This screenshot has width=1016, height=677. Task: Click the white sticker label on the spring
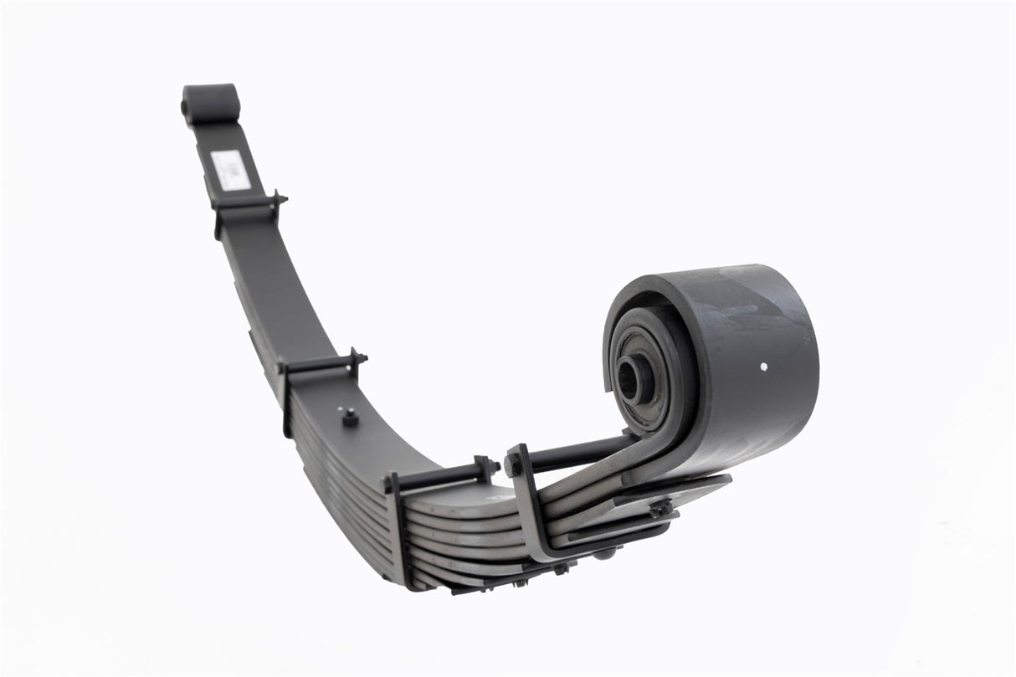pyautogui.click(x=230, y=169)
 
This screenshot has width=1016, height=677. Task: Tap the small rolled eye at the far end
pyautogui.click(x=210, y=104)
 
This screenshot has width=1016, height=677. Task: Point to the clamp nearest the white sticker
pyautogui.click(x=248, y=204)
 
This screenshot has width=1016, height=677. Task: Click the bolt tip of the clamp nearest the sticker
pyautogui.click(x=280, y=198)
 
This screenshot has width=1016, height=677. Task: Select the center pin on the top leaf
pyautogui.click(x=351, y=416)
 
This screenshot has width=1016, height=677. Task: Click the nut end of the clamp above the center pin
pyautogui.click(x=359, y=357)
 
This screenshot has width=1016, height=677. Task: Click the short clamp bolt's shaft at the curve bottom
pyautogui.click(x=439, y=476)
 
